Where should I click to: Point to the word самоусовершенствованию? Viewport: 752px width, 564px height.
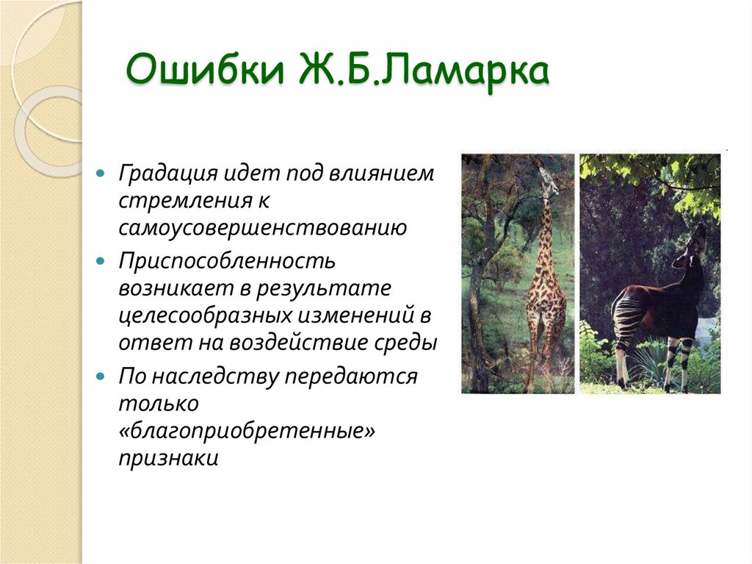(x=263, y=227)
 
